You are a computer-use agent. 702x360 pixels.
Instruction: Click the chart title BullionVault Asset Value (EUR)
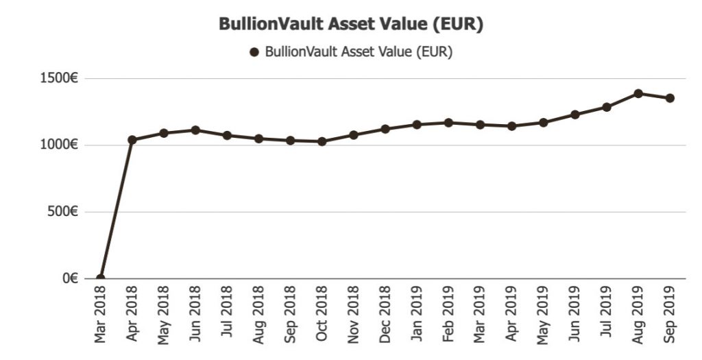point(351,24)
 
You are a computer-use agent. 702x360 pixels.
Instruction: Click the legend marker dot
point(254,52)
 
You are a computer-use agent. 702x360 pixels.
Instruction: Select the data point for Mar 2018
point(101,278)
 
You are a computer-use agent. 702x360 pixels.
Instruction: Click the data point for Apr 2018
point(132,140)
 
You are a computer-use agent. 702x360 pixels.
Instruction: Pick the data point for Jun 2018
point(195,130)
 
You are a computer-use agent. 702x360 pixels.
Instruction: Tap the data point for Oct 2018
point(322,141)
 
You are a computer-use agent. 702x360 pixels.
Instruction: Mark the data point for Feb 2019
point(448,123)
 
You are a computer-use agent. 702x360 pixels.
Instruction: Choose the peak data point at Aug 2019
point(638,93)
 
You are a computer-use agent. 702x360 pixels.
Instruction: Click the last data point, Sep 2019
point(670,98)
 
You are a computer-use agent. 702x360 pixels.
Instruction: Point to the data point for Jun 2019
point(575,115)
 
